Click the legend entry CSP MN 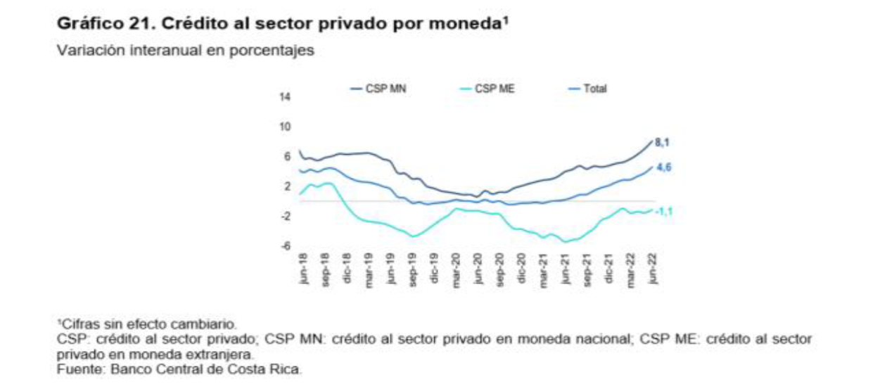coord(385,89)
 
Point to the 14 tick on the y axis coord(286,97)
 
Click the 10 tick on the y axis coord(286,127)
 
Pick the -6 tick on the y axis coord(286,246)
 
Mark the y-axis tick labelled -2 coord(286,217)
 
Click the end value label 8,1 coord(662,143)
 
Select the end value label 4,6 coord(662,167)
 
